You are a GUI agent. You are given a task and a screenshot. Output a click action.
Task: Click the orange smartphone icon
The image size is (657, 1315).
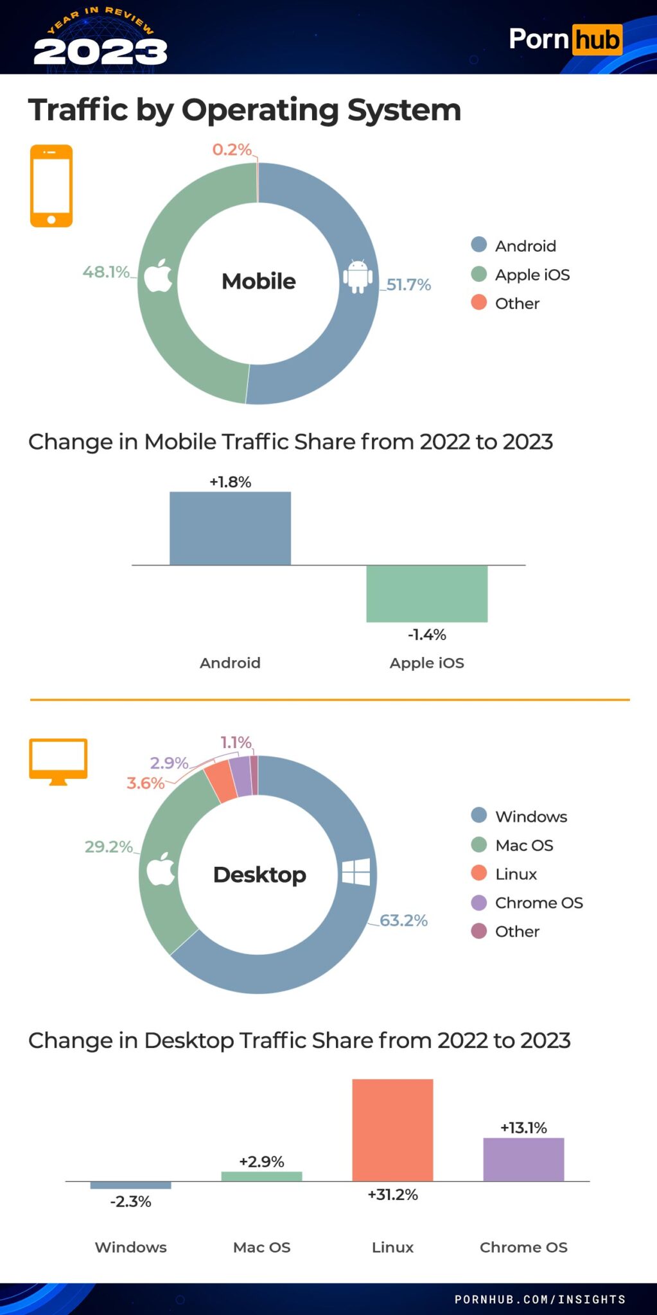[x=51, y=186]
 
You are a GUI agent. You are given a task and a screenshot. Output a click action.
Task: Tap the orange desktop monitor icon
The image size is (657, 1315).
[x=58, y=760]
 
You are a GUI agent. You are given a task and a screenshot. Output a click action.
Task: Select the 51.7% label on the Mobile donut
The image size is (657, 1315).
[x=408, y=284]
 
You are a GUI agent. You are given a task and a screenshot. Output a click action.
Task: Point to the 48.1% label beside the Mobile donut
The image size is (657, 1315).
[x=106, y=272]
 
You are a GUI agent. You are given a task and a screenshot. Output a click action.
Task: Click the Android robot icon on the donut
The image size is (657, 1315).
[x=357, y=277]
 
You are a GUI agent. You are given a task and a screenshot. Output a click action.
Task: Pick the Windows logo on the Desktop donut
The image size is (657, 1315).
[x=356, y=872]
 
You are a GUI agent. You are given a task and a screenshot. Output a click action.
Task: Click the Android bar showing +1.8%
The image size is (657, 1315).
[x=230, y=528]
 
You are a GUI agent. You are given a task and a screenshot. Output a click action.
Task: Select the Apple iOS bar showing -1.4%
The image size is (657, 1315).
[x=426, y=593]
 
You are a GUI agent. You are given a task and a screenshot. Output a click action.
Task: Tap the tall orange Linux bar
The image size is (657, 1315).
[x=392, y=1129]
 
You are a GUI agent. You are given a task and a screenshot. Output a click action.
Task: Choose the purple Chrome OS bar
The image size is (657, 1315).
[x=523, y=1159]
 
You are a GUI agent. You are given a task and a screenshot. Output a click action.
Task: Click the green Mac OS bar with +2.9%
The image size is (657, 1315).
[x=261, y=1176]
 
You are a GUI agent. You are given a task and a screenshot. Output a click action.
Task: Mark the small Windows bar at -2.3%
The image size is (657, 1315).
[x=130, y=1185]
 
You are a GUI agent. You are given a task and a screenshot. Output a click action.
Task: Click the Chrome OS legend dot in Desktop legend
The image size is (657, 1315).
[x=479, y=903]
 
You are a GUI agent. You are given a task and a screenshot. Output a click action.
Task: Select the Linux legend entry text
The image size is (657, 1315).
[x=516, y=874]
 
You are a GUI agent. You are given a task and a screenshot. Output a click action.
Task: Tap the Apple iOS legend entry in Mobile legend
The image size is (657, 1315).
[x=532, y=275]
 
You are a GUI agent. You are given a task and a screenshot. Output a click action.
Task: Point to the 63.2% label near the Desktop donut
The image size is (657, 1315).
[x=403, y=920]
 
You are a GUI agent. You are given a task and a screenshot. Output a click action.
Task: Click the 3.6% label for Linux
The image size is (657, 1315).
[x=146, y=783]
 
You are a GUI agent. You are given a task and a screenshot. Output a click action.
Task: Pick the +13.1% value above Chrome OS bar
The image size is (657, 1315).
[x=523, y=1128]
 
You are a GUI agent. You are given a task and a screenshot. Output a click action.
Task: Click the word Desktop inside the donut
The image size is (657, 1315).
[x=259, y=875]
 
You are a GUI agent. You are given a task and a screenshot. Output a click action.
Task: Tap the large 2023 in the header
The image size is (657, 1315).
[x=100, y=51]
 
